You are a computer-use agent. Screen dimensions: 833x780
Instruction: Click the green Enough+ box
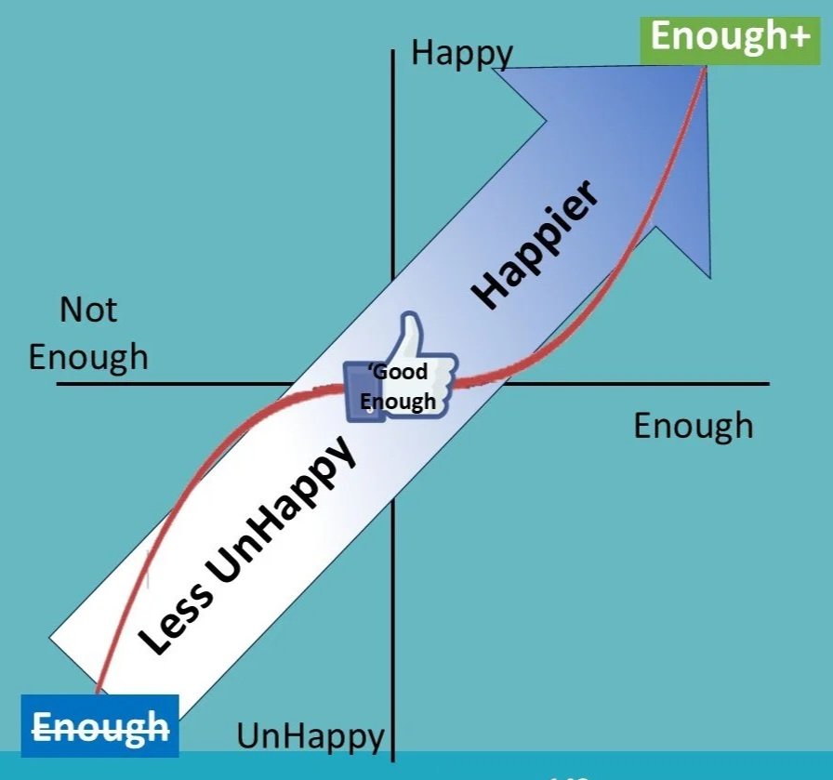(x=716, y=36)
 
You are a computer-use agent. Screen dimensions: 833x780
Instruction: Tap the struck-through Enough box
(x=100, y=725)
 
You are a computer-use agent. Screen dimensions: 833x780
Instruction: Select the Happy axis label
(x=461, y=53)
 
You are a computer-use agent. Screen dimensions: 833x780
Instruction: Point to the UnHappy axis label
(x=310, y=736)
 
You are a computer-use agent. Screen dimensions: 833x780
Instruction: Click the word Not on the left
(x=88, y=310)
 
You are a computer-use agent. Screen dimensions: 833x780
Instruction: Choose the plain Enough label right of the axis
(x=693, y=426)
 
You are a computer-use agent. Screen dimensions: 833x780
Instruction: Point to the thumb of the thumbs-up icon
(x=409, y=330)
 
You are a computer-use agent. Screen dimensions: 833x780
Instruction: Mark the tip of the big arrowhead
(x=706, y=67)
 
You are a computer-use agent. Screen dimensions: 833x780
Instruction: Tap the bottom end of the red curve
(x=97, y=693)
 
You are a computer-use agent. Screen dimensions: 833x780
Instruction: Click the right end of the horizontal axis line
(x=768, y=383)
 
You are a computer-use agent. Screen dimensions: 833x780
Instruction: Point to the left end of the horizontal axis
(x=58, y=383)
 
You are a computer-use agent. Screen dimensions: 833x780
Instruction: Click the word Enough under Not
(x=88, y=357)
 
